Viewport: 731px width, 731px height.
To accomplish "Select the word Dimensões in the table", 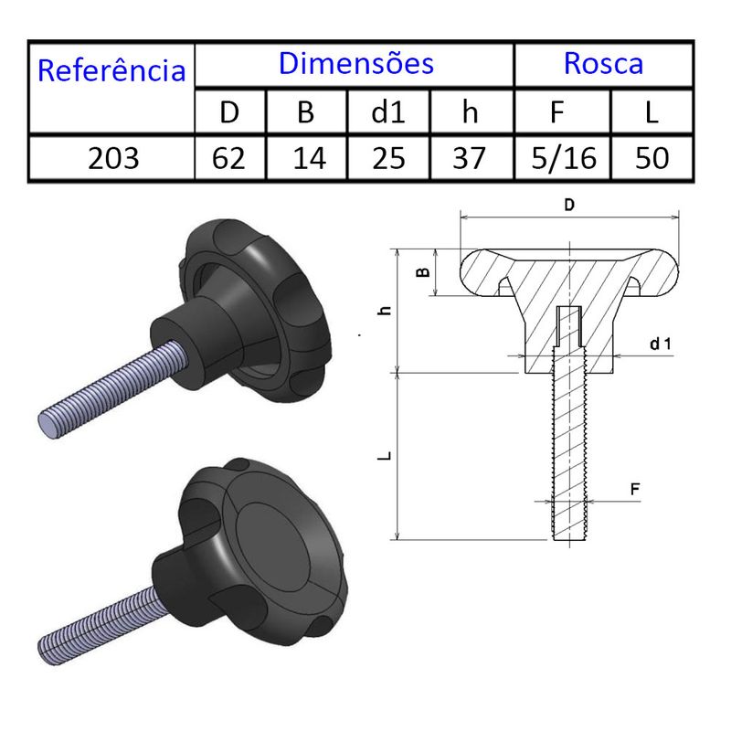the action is [x=356, y=63].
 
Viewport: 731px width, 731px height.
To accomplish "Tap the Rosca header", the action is [x=603, y=63].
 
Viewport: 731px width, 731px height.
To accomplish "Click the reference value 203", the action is [x=113, y=158].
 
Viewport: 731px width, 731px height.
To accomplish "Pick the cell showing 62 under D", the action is [x=228, y=158].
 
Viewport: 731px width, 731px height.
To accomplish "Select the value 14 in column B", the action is [x=309, y=158].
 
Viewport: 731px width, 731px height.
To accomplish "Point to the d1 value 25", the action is [x=389, y=158].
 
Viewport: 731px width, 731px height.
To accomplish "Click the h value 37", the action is [x=469, y=158].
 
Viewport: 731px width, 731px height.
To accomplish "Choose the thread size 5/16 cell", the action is [x=564, y=158].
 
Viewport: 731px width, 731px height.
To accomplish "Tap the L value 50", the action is [x=652, y=158].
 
